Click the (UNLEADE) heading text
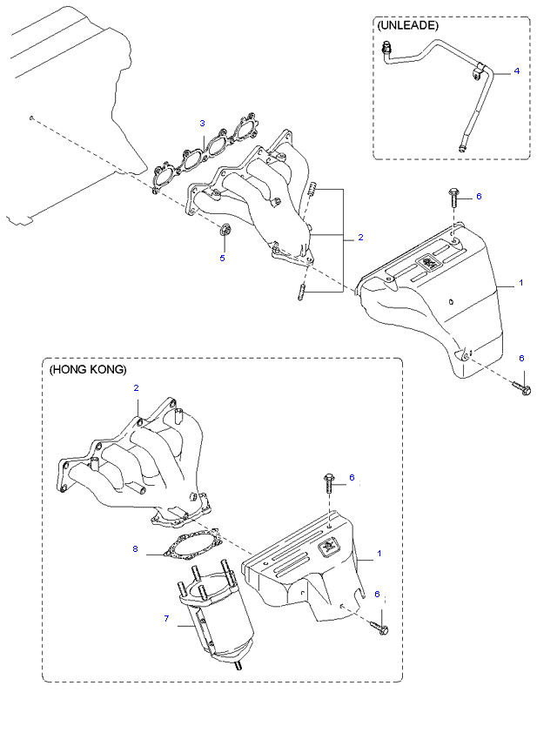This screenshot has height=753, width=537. [x=408, y=26]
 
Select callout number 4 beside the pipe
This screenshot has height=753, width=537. [x=516, y=71]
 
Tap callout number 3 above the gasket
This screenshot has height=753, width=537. [x=202, y=123]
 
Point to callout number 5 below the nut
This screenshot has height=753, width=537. [x=222, y=258]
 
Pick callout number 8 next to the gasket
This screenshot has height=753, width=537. [x=136, y=548]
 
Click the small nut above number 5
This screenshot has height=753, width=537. [x=224, y=231]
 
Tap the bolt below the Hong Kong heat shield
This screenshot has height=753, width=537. [x=379, y=625]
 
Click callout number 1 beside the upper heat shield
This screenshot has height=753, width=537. [x=520, y=283]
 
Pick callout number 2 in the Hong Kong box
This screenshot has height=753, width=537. [x=136, y=388]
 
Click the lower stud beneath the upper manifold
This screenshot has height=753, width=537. [x=300, y=293]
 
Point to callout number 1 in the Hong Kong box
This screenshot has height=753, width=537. [x=379, y=554]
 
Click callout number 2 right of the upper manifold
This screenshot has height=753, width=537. [x=360, y=238]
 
